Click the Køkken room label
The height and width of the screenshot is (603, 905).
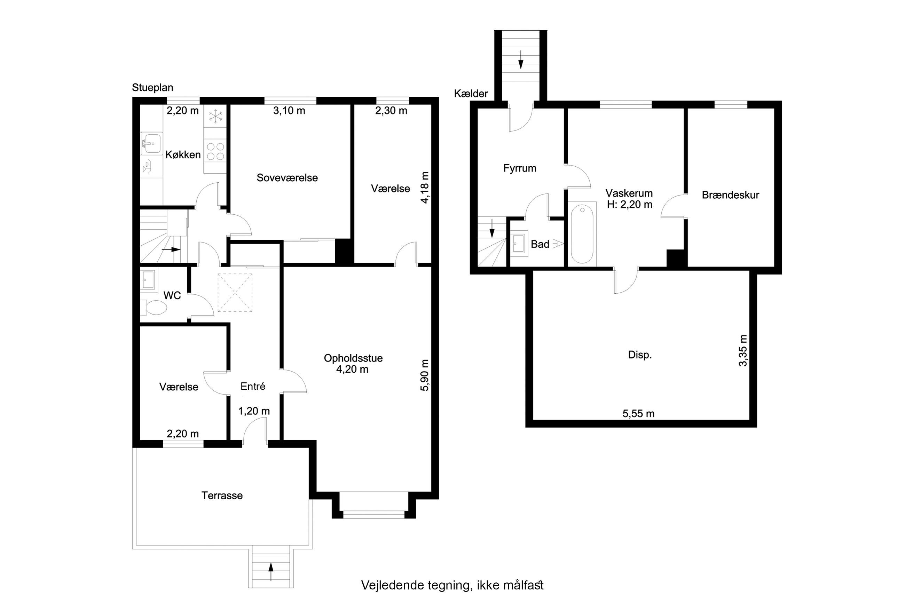pyautogui.click(x=183, y=154)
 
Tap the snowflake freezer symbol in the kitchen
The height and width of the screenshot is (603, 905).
pyautogui.click(x=216, y=116)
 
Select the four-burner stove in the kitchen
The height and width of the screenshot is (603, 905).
pyautogui.click(x=215, y=151)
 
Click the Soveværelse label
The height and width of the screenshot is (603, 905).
pyautogui.click(x=287, y=178)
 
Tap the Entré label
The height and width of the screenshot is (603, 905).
pyautogui.click(x=253, y=386)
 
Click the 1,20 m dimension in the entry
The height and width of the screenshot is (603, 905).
pyautogui.click(x=254, y=411)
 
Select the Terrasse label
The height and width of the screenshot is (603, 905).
pyautogui.click(x=222, y=495)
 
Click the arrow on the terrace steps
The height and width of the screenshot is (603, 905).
pyautogui.click(x=271, y=571)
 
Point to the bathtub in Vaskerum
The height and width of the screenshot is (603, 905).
pyautogui.click(x=582, y=234)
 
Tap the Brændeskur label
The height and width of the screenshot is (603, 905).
pyautogui.click(x=730, y=195)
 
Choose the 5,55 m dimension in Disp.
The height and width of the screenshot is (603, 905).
pyautogui.click(x=638, y=413)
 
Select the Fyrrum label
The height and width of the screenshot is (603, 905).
pyautogui.click(x=520, y=168)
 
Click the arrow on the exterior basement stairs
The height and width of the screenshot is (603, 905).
pyautogui.click(x=521, y=59)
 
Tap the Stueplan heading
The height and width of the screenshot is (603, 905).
pyautogui.click(x=153, y=88)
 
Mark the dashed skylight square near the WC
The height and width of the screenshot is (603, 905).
pyautogui.click(x=235, y=292)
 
